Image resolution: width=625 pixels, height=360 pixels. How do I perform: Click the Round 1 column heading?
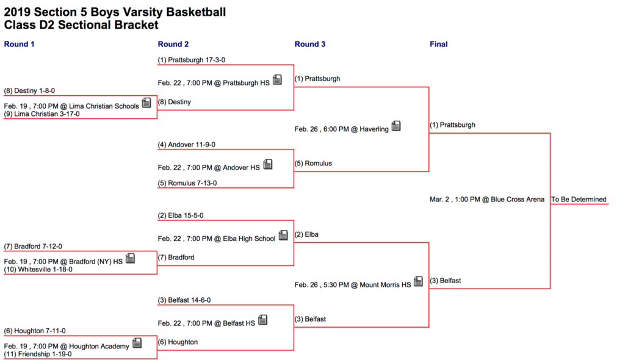click(x=19, y=45)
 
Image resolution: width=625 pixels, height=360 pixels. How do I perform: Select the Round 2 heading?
click(x=173, y=45)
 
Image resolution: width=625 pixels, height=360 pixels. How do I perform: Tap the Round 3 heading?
click(x=309, y=45)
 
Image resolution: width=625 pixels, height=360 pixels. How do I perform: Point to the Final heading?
click(x=438, y=45)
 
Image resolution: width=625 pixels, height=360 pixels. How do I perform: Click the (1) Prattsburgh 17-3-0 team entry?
click(x=191, y=60)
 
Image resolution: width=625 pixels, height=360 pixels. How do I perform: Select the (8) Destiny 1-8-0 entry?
click(x=29, y=91)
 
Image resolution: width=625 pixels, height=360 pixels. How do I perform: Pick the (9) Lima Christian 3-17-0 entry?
click(x=42, y=114)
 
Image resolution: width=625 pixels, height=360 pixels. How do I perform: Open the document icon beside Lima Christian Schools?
click(x=146, y=103)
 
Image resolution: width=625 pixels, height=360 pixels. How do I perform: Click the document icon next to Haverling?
click(x=396, y=126)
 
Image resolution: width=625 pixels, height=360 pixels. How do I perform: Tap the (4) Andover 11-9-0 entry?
click(x=187, y=145)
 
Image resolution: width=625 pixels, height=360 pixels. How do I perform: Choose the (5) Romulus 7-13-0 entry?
click(x=187, y=184)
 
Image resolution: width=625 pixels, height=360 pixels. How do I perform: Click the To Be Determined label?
click(x=579, y=200)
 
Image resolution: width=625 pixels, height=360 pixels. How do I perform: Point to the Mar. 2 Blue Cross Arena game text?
click(x=486, y=200)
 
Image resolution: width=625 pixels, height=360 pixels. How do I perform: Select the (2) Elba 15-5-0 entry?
click(x=181, y=215)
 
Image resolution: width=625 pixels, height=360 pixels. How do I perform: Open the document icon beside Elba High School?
click(x=283, y=235)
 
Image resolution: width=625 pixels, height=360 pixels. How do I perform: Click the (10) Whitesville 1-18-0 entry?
click(x=38, y=270)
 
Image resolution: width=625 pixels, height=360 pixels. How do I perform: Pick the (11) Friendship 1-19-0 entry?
click(x=38, y=355)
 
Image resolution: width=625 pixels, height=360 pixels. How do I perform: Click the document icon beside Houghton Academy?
click(x=137, y=343)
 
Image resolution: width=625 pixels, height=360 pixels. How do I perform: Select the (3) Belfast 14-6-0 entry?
click(x=184, y=300)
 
